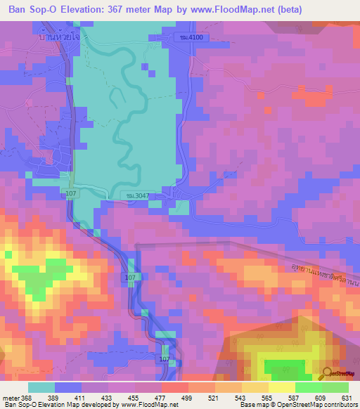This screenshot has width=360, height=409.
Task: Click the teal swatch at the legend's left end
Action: [41, 387]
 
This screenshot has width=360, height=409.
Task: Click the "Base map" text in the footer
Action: [252, 405]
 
